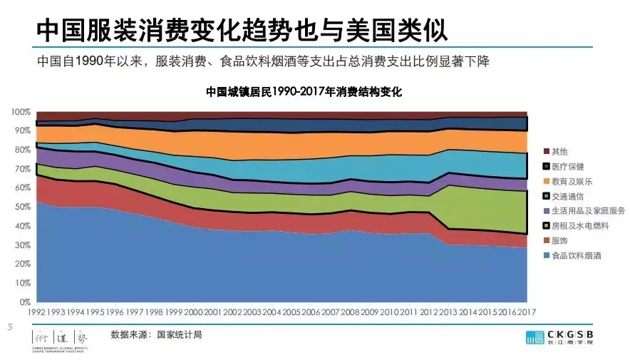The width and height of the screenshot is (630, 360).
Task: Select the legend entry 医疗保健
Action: pyautogui.click(x=567, y=166)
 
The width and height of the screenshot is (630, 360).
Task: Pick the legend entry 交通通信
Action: pyautogui.click(x=567, y=196)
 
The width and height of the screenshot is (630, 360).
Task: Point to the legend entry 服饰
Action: pyautogui.click(x=560, y=240)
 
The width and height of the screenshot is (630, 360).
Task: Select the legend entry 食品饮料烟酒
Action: pyautogui.click(x=576, y=255)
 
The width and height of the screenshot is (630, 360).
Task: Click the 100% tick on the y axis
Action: pyautogui.click(x=21, y=113)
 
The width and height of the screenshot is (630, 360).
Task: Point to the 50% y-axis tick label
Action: pyautogui.click(x=23, y=207)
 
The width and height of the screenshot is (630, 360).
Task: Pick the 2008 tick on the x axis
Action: pyautogui.click(x=349, y=312)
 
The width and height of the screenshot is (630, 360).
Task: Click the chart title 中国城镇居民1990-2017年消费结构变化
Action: pyautogui.click(x=304, y=92)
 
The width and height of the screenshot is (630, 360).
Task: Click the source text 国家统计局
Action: pyautogui.click(x=179, y=334)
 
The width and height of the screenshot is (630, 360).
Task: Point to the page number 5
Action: pyautogui.click(x=9, y=327)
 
